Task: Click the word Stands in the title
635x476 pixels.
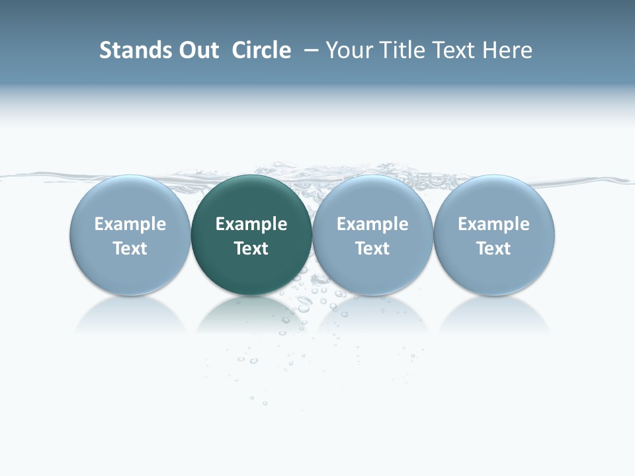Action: [125, 50]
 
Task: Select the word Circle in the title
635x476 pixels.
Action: [261, 50]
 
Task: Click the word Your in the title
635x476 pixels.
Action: [349, 50]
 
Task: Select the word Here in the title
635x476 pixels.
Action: [507, 50]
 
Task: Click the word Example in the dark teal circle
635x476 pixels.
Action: [251, 224]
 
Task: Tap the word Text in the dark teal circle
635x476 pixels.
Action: [251, 249]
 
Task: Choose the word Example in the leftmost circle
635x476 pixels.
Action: [130, 224]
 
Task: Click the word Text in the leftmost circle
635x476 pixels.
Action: [130, 249]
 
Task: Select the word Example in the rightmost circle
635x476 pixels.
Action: [494, 224]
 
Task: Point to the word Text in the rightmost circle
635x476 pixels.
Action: [494, 249]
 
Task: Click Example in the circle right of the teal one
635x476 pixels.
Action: [372, 224]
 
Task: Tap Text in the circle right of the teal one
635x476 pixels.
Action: [372, 249]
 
